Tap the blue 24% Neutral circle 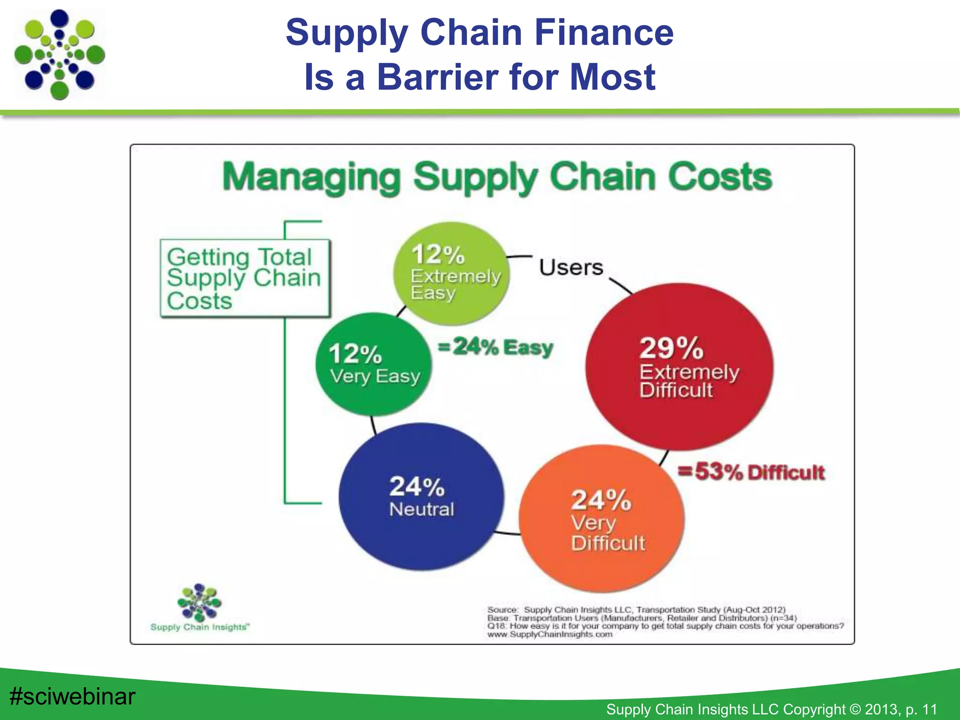tap(421, 497)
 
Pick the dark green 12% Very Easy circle tap(374, 364)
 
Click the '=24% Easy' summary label tap(495, 347)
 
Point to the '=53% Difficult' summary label tap(751, 472)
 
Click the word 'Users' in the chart tap(571, 267)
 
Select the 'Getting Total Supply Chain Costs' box tap(245, 278)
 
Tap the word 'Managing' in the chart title tap(311, 177)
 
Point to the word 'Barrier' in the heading tap(439, 77)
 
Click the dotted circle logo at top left tap(60, 54)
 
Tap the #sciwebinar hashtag tap(72, 696)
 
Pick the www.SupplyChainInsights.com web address tap(550, 634)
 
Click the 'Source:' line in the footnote tap(636, 609)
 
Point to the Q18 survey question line tap(665, 626)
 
